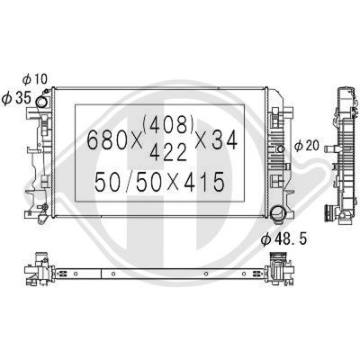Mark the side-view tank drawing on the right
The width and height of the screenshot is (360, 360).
(x=344, y=153)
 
